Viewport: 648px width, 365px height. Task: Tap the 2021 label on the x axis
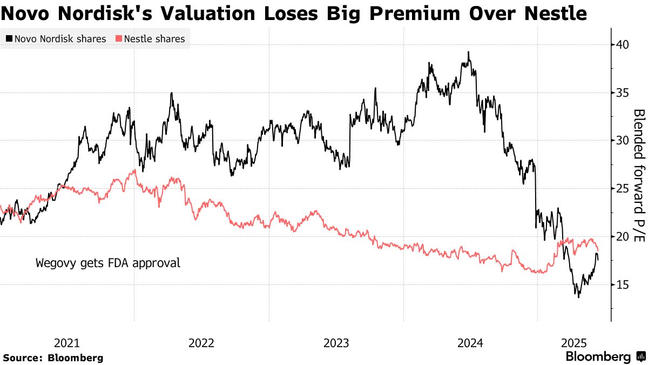pyautogui.click(x=67, y=343)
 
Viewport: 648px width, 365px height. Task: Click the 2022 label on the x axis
pyautogui.click(x=201, y=343)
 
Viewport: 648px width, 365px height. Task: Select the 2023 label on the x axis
pyautogui.click(x=336, y=343)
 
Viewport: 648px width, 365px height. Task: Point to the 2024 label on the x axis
pyautogui.click(x=470, y=343)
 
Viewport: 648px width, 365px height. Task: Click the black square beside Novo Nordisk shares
pyautogui.click(x=9, y=39)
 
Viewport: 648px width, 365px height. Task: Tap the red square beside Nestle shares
pyautogui.click(x=118, y=39)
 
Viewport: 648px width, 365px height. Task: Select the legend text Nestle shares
pyautogui.click(x=154, y=39)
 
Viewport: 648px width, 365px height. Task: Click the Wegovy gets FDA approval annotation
pyautogui.click(x=108, y=264)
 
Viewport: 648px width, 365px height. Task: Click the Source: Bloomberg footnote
pyautogui.click(x=53, y=358)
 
